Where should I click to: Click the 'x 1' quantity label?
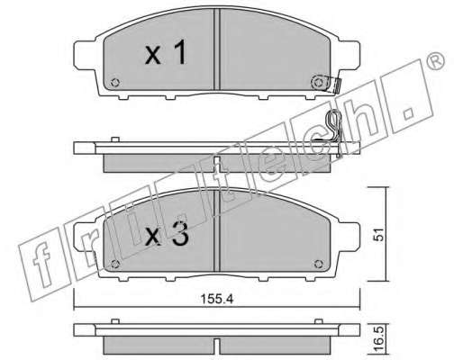166,53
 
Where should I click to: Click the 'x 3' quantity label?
167,234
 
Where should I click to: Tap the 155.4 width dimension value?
217,299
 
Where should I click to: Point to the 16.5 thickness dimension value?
380,340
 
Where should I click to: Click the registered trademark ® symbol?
436,61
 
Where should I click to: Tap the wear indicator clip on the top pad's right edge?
337,85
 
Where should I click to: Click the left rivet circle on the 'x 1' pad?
115,82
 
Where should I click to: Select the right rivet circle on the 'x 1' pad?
318,82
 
